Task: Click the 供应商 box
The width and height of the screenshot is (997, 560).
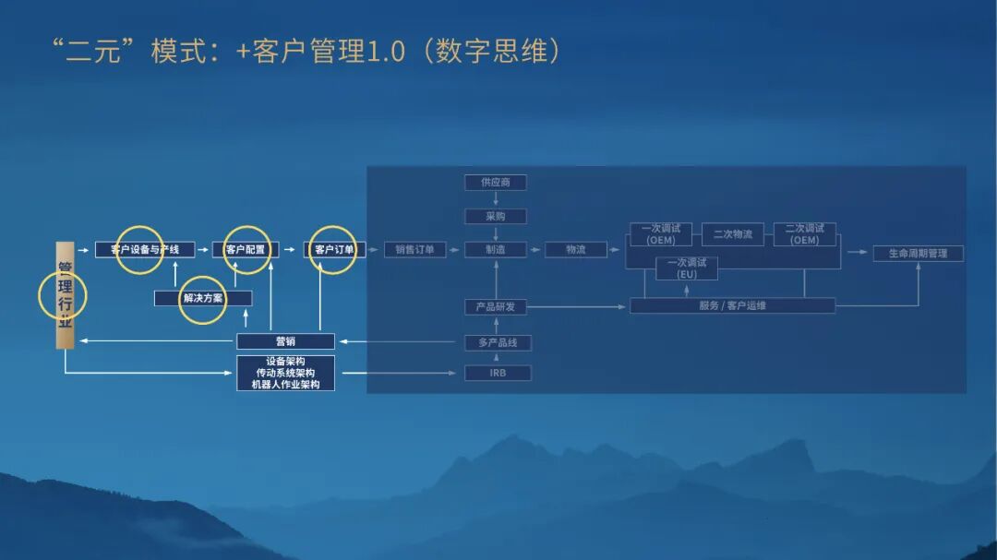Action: click(x=496, y=183)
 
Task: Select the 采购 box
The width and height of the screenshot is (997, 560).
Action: click(x=496, y=217)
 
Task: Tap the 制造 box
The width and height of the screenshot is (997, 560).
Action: click(x=496, y=249)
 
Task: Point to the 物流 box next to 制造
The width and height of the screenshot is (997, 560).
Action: click(x=576, y=249)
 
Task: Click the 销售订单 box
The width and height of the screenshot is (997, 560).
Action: click(x=414, y=249)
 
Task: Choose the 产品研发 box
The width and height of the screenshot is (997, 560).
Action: click(x=496, y=306)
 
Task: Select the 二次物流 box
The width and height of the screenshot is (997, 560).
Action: click(x=733, y=234)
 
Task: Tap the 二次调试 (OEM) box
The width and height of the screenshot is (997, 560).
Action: click(x=804, y=234)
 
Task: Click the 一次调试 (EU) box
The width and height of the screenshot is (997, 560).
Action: click(x=687, y=268)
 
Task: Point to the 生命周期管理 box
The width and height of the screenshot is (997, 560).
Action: click(x=918, y=253)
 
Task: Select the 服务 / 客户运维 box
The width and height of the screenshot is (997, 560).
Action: click(x=732, y=305)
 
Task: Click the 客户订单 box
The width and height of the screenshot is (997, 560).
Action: click(x=334, y=249)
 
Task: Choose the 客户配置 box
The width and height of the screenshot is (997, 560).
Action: click(x=246, y=249)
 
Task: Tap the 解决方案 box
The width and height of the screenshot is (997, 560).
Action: click(x=203, y=298)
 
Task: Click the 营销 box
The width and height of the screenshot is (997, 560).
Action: click(x=285, y=341)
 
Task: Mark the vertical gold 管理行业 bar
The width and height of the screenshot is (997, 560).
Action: click(x=65, y=295)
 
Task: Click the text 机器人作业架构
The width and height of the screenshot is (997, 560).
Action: click(x=285, y=384)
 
